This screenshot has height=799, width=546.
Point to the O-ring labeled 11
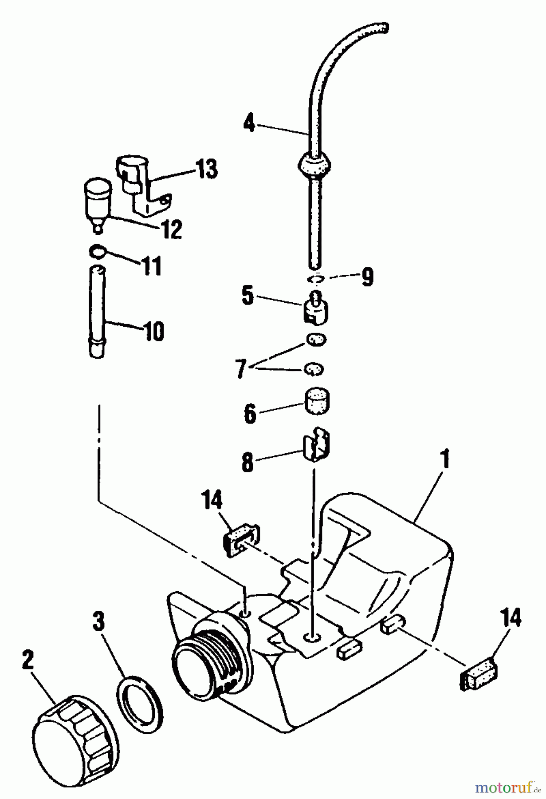coord(98,252)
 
